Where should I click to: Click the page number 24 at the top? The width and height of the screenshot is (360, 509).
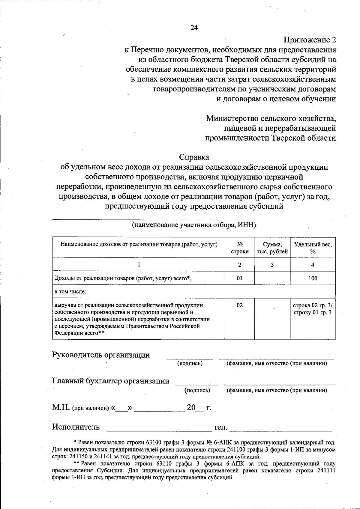pyautogui.click(x=194, y=28)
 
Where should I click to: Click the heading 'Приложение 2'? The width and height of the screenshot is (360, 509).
pyautogui.click(x=310, y=40)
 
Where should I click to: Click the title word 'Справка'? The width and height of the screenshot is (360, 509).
pyautogui.click(x=194, y=157)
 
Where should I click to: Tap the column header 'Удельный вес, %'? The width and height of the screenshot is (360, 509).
pyautogui.click(x=313, y=248)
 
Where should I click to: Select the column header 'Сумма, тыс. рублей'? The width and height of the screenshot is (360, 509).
pyautogui.click(x=272, y=248)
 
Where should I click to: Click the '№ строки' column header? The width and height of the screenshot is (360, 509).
pyautogui.click(x=239, y=248)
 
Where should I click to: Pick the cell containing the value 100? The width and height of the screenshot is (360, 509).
pyautogui.click(x=313, y=278)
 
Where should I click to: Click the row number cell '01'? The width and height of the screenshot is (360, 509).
pyautogui.click(x=239, y=278)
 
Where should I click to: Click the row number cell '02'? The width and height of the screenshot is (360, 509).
pyautogui.click(x=239, y=305)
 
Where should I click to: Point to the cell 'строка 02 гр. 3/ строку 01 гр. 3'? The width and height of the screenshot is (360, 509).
pyautogui.click(x=313, y=309)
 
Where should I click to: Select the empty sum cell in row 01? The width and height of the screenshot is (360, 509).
pyautogui.click(x=272, y=278)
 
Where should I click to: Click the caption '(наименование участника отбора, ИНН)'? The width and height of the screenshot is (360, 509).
pyautogui.click(x=194, y=225)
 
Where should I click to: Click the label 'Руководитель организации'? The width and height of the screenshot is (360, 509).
pyautogui.click(x=101, y=355)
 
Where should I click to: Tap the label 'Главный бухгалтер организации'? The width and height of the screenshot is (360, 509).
pyautogui.click(x=111, y=381)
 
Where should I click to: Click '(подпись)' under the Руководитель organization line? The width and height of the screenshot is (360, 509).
pyautogui.click(x=190, y=363)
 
